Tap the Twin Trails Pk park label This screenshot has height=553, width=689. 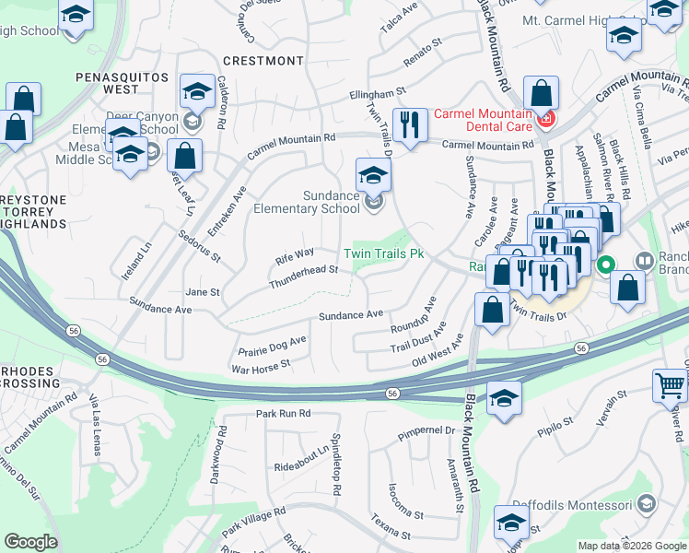pos(383,253)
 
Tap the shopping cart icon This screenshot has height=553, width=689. pos(670,386)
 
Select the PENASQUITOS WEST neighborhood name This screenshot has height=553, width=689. pos(122,82)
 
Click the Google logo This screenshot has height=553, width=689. pos(30,542)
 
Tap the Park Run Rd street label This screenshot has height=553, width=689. pos(284,414)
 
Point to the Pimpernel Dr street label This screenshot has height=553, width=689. pos(426,430)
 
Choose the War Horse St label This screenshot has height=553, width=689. pos(261,365)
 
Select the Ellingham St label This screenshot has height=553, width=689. pos(377,93)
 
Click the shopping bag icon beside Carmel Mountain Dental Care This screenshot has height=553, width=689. pos(541,93)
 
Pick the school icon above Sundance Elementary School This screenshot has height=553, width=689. pos(373,173)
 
